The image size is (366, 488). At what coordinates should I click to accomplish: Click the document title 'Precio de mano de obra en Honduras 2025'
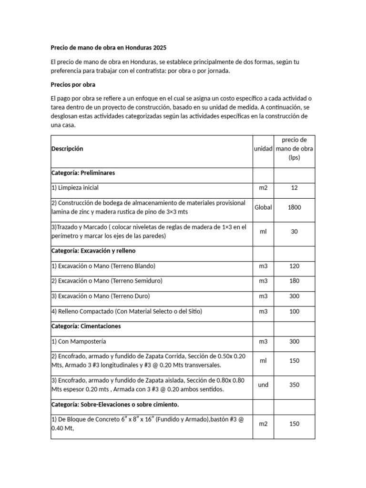click(x=109, y=48)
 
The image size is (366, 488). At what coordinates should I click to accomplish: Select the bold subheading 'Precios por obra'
click(x=73, y=85)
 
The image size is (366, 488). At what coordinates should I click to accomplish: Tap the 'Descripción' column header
click(x=67, y=149)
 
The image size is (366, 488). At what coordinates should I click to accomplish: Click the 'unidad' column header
click(x=263, y=149)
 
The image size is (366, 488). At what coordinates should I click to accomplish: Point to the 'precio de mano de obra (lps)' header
click(x=294, y=149)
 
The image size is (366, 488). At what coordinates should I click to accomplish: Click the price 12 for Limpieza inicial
click(x=294, y=188)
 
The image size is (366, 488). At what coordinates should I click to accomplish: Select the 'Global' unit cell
click(x=263, y=207)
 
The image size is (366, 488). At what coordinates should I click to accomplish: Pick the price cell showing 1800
click(x=294, y=207)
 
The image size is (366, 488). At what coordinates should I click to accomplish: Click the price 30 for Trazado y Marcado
click(x=294, y=231)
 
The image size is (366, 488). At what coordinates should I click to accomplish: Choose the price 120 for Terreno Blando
click(x=294, y=266)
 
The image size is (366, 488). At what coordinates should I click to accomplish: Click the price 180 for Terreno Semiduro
click(x=294, y=281)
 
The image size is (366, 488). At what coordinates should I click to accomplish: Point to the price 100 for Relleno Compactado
click(x=294, y=312)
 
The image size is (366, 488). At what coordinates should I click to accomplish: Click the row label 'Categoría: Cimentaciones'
click(x=86, y=326)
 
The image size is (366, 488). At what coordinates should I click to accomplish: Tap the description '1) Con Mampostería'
click(x=78, y=342)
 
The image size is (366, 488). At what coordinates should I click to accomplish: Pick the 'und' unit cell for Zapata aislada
click(x=263, y=385)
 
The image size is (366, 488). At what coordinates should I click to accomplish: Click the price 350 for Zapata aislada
click(x=294, y=385)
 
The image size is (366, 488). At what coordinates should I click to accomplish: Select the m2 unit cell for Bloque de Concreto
click(x=263, y=424)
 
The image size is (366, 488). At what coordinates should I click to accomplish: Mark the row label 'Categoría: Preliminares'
click(x=83, y=173)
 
